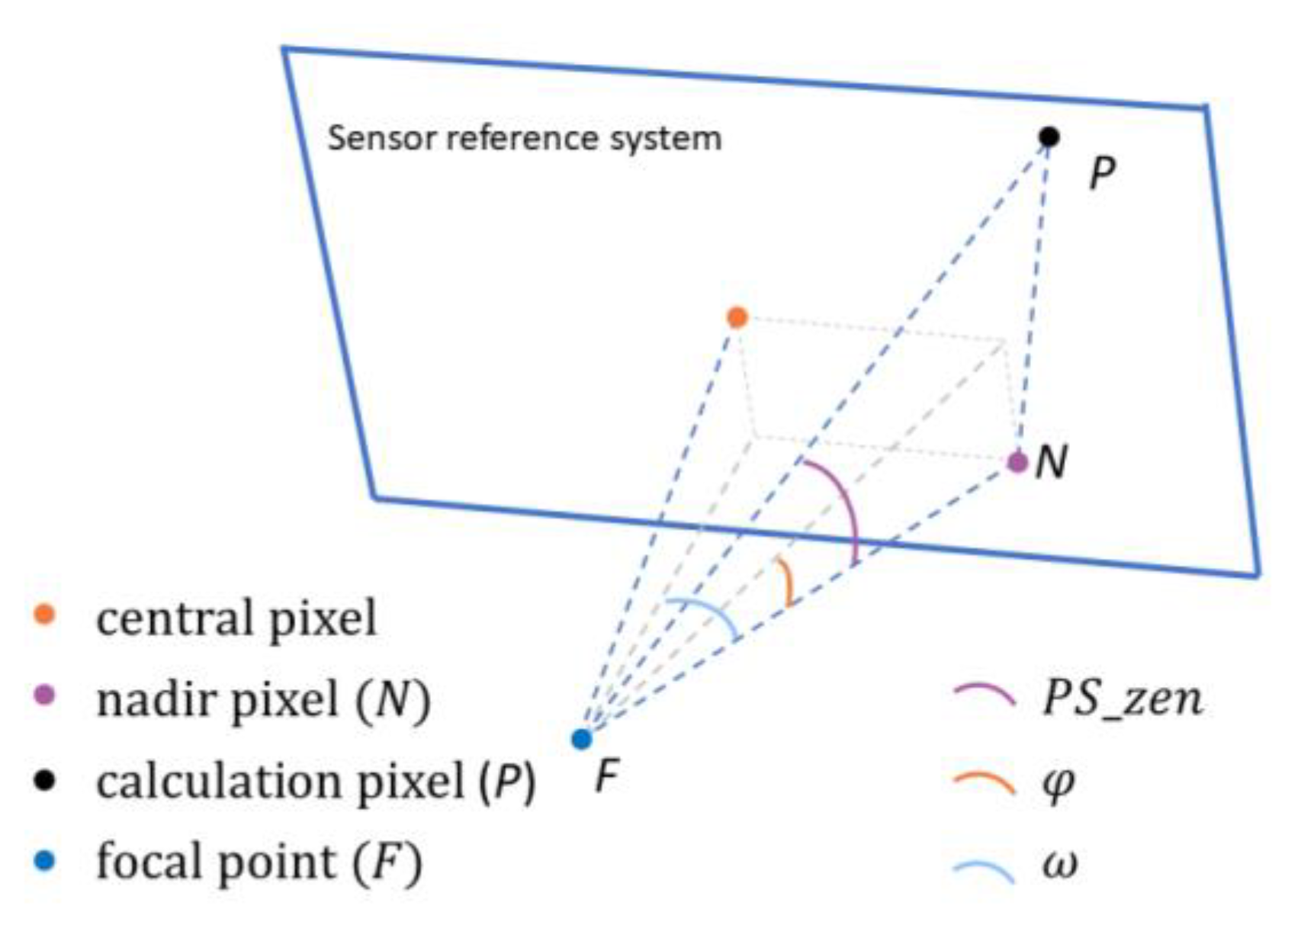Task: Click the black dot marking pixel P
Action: point(1049,137)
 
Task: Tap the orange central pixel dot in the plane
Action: point(737,317)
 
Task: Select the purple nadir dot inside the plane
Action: point(1017,462)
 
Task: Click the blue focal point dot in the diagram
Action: point(582,739)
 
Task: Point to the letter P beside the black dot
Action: point(1101,174)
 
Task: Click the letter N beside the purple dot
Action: point(1052,462)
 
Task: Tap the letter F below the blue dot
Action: point(606,778)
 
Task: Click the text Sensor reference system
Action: point(525,139)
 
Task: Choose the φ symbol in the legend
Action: point(1058,782)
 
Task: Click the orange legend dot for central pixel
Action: point(46,615)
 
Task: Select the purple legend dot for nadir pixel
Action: point(46,695)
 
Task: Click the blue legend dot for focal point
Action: point(46,862)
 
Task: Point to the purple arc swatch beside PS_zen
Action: point(985,695)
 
